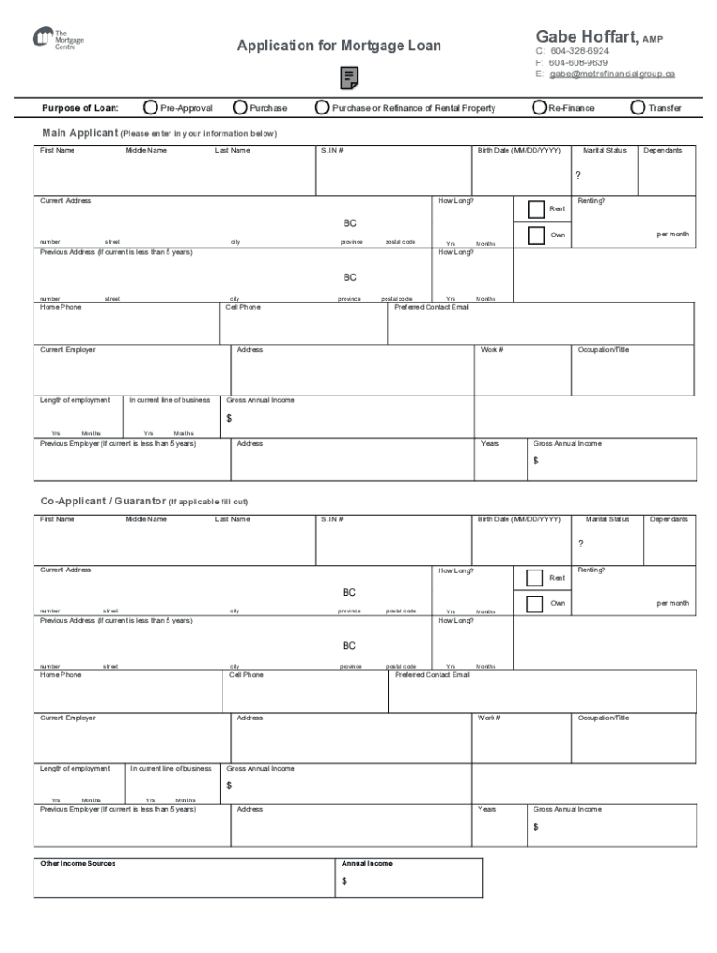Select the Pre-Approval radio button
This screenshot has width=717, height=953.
coord(151,108)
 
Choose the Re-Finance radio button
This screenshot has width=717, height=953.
coord(539,108)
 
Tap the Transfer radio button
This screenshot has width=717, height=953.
coord(638,108)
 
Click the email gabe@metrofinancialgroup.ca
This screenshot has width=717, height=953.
coord(612,74)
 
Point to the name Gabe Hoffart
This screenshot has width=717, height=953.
coord(585,37)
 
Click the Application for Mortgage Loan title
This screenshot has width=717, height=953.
coord(339,46)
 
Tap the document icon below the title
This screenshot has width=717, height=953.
coord(349,78)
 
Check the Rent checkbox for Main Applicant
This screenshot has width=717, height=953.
coord(535,208)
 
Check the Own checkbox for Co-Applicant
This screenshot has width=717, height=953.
coord(534,603)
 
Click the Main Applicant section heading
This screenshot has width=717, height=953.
coord(81,133)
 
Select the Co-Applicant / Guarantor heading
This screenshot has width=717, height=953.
coord(102,502)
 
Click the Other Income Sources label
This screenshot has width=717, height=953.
coord(77,863)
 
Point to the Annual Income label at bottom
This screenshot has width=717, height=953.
coord(367,863)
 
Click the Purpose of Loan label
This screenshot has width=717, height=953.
coord(80,108)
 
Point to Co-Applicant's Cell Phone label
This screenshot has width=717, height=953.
coord(246,674)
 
